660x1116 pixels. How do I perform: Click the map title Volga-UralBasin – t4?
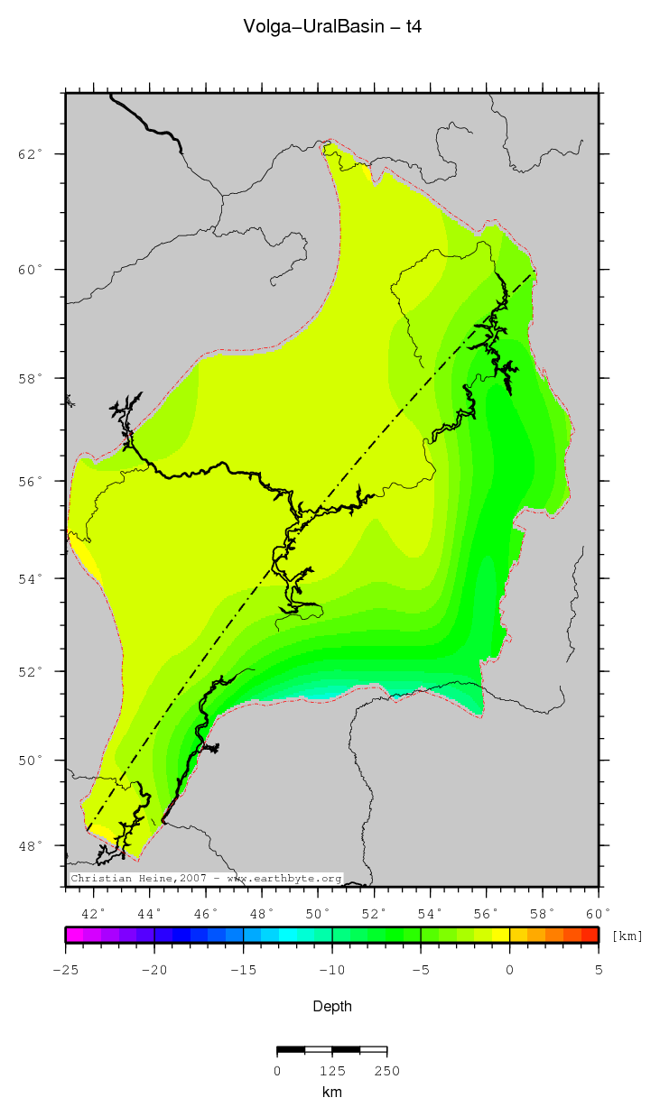pos(332,27)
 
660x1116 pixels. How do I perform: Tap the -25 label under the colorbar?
pos(65,970)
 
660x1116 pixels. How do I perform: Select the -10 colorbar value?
pos(331,970)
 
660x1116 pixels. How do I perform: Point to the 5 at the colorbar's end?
pos(598,970)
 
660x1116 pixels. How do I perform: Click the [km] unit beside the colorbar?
pos(627,936)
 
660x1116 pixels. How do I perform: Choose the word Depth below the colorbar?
pos(332,1006)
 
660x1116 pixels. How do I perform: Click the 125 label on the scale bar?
pos(332,1071)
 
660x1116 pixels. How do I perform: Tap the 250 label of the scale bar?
pos(386,1071)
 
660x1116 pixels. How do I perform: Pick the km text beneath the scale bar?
pos(332,1093)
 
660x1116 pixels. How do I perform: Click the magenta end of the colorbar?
pos(72,936)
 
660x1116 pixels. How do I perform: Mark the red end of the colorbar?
pos(590,936)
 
